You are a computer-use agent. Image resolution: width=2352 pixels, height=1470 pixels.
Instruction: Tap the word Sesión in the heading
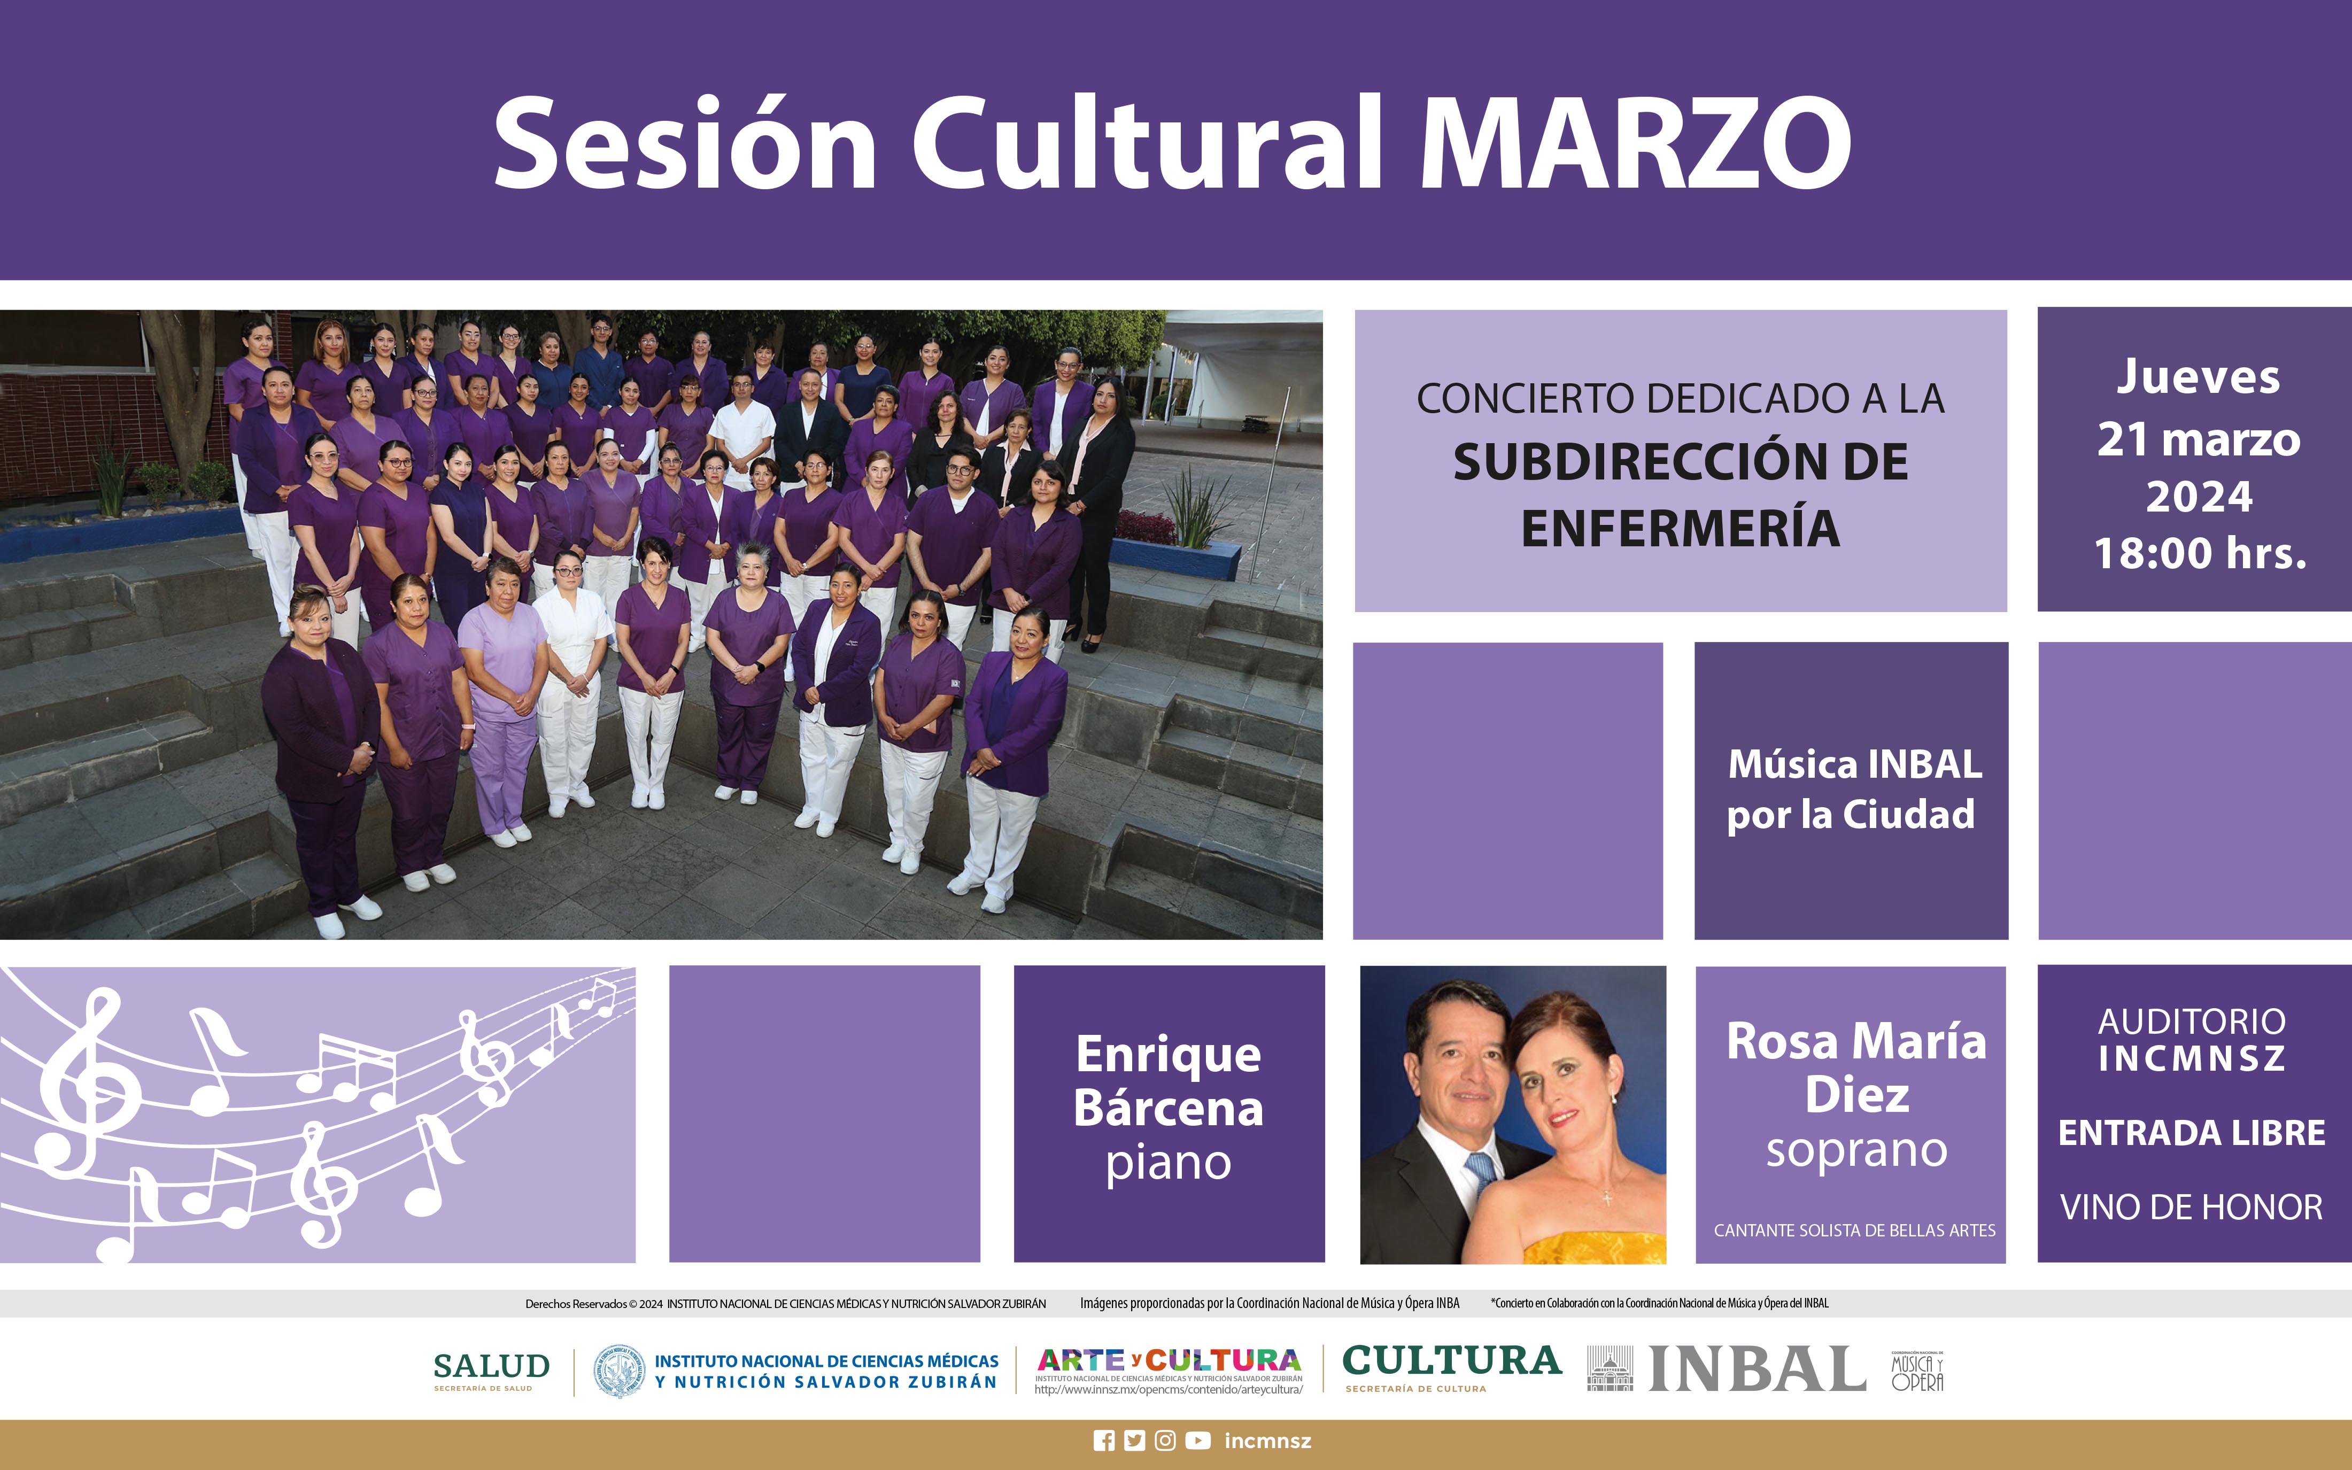point(685,144)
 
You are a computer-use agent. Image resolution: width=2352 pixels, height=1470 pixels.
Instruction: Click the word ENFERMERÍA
point(1681,528)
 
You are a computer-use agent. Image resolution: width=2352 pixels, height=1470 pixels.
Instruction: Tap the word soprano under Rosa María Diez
point(1856,1151)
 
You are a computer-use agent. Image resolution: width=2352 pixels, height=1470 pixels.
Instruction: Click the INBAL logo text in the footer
point(1757,1370)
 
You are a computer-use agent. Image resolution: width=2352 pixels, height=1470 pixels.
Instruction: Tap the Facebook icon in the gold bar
point(1104,1441)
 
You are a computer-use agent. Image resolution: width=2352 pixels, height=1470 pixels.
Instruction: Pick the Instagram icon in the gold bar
point(1165,1441)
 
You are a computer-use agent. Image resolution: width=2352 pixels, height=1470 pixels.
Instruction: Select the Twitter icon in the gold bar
point(1134,1441)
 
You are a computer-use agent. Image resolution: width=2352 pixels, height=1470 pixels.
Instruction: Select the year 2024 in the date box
point(2200,497)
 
